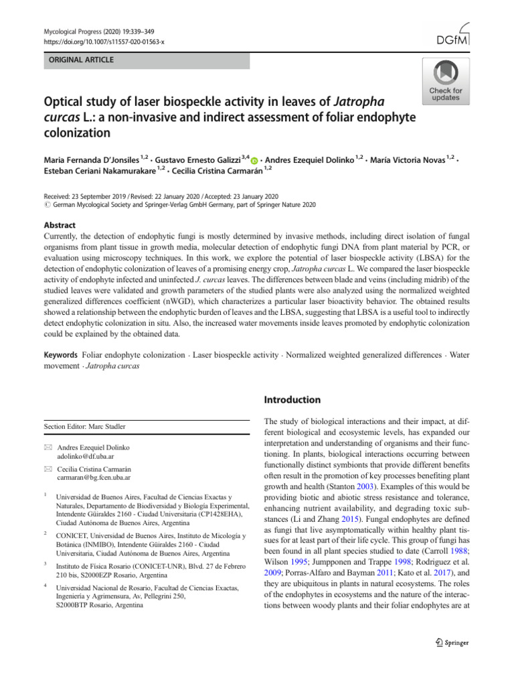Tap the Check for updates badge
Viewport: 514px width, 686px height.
[x=445, y=80]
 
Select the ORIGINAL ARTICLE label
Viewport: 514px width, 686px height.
[x=80, y=60]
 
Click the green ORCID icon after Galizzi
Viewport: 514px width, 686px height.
[x=254, y=161]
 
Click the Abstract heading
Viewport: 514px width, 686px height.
[x=59, y=225]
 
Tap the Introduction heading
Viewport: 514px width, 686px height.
[x=292, y=400]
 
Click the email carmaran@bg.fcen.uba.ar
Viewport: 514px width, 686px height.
[x=94, y=479]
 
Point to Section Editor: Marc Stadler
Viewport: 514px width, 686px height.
[x=84, y=426]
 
